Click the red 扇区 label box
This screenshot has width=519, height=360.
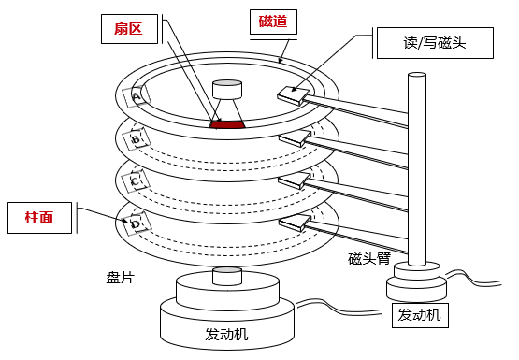(129, 29)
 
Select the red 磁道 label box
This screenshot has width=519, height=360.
(273, 22)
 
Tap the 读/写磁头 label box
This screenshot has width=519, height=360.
(435, 43)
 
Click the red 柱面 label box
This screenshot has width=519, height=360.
(39, 218)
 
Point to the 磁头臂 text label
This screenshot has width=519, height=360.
(369, 258)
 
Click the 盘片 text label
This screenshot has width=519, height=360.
(120, 278)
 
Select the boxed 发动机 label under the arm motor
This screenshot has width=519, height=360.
(420, 315)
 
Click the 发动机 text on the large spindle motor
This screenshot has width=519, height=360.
(226, 334)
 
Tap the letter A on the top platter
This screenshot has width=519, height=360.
(136, 96)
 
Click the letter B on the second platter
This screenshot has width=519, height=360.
(136, 139)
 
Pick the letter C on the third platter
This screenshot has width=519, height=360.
(135, 181)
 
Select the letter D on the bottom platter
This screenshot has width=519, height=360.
(136, 224)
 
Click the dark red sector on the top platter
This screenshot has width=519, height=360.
(227, 124)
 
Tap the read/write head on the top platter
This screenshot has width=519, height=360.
(294, 96)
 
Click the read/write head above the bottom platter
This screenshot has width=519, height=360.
(295, 223)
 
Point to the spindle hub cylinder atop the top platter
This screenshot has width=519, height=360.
(227, 89)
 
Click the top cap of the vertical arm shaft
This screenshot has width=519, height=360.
(417, 76)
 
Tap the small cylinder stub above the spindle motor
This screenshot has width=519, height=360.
(227, 276)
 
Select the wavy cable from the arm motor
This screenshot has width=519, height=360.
(473, 279)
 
